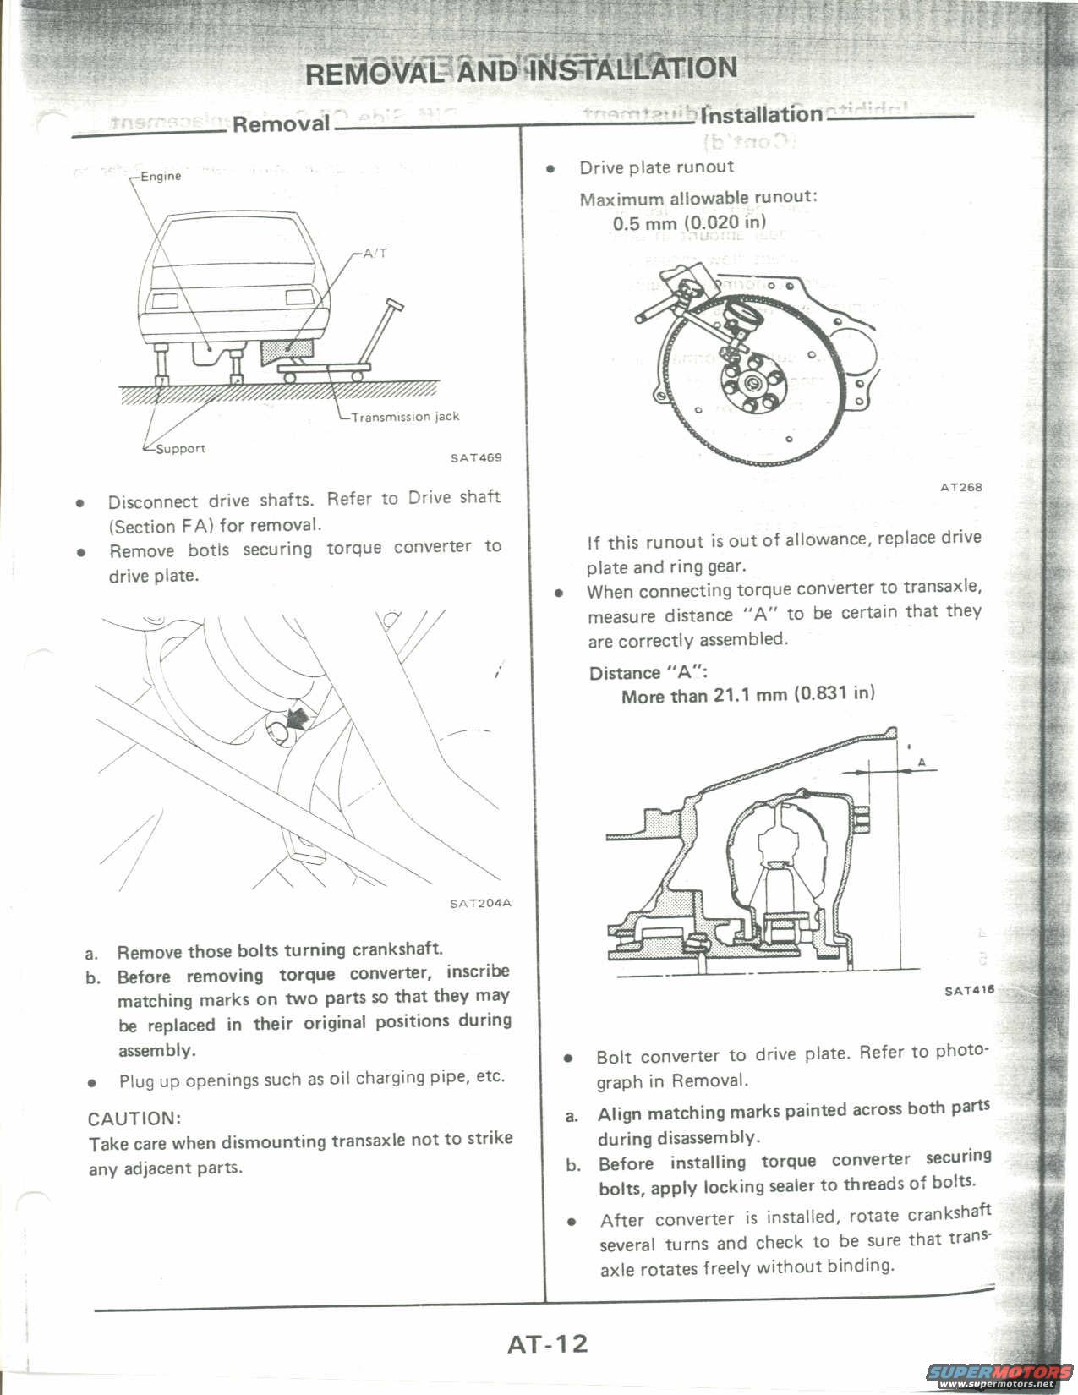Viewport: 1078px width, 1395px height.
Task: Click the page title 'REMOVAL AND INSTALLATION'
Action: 521,70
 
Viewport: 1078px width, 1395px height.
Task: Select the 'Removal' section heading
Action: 281,124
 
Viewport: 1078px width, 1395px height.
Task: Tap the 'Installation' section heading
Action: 761,114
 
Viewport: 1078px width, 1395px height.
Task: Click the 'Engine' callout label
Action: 161,177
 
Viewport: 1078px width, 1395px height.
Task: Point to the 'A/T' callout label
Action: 375,253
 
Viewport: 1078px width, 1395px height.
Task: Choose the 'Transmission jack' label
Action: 405,417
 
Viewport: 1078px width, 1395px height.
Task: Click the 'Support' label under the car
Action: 180,449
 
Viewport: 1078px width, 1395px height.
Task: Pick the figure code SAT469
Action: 476,458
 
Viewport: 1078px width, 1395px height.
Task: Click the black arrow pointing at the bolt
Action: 296,719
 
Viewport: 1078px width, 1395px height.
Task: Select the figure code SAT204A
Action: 480,903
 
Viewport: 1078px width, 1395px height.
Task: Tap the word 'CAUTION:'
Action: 134,1119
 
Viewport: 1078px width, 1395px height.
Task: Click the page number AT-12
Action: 547,1344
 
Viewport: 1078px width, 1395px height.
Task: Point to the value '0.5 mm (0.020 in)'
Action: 689,223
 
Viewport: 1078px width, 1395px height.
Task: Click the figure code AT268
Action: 961,487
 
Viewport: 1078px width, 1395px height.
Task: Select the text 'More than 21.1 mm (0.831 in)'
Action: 747,695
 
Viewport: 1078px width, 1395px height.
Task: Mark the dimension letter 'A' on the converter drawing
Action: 922,763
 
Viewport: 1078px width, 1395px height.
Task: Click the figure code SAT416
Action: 969,991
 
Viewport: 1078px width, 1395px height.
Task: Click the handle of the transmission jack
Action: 391,304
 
